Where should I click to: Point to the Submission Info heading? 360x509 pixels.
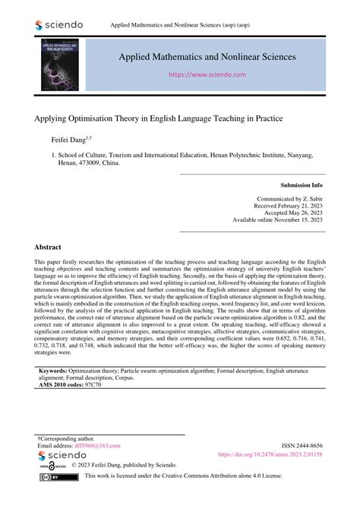pyautogui.click(x=302, y=185)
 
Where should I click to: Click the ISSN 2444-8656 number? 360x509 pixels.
pyautogui.click(x=302, y=446)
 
